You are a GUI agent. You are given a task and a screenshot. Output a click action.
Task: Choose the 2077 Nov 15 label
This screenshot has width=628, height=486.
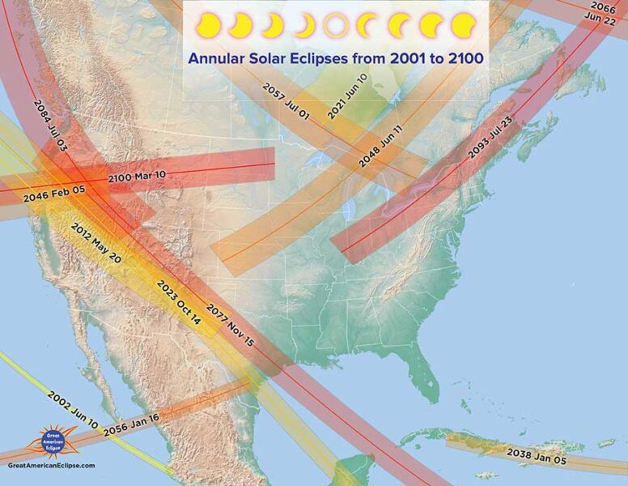click(231, 326)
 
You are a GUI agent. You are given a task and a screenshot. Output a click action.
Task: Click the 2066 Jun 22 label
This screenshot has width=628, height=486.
click(608, 14)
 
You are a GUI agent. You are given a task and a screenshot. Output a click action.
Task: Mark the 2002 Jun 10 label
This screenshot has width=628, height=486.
click(73, 410)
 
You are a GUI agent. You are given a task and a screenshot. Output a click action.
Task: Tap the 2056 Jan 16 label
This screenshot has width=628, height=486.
click(131, 426)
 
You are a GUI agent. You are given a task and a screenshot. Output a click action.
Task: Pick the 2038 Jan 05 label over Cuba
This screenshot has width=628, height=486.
click(537, 454)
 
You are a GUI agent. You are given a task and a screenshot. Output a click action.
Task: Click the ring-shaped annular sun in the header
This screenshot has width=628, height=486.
click(336, 26)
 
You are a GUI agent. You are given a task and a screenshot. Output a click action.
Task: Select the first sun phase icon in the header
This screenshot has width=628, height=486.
click(208, 26)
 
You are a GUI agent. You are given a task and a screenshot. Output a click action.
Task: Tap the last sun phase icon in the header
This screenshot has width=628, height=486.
click(464, 26)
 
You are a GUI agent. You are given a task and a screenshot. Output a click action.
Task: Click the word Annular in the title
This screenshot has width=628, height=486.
click(218, 58)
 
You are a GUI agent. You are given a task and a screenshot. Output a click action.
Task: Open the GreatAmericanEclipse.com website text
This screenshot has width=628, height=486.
click(51, 466)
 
